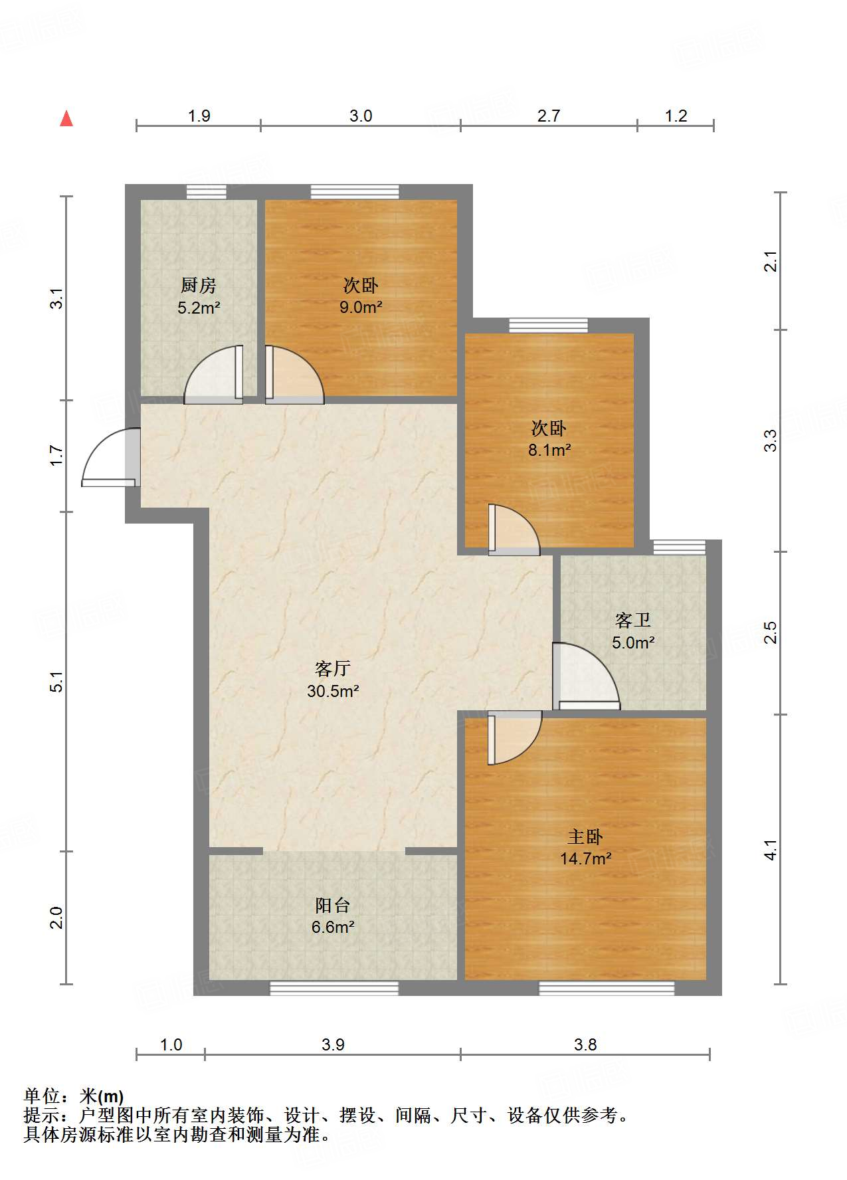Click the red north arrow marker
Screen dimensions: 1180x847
(66, 119)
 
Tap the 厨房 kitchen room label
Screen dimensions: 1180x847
(198, 286)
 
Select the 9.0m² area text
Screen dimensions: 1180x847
(361, 308)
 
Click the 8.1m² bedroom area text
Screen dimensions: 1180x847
(549, 450)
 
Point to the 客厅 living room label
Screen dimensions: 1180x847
(332, 668)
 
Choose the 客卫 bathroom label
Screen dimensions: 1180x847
(632, 621)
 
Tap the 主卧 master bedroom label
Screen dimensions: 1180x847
(585, 836)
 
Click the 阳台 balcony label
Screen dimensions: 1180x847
(332, 905)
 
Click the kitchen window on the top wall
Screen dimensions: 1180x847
(206, 192)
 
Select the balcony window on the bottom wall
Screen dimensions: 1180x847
(333, 989)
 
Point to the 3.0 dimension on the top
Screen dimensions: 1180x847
(361, 116)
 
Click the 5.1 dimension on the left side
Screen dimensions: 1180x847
(57, 682)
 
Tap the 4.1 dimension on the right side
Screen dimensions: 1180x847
(770, 850)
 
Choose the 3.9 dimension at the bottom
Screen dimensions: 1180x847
(333, 1044)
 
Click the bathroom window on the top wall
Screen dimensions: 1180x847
(679, 547)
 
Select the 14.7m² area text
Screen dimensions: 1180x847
(585, 859)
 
